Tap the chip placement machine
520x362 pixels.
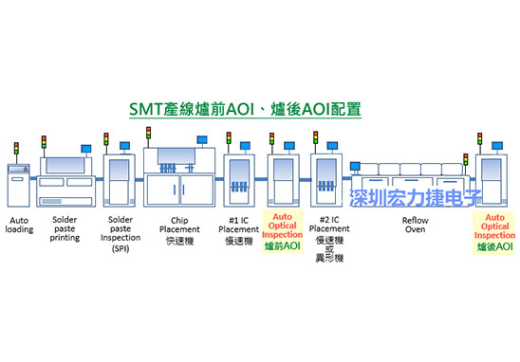click(x=179, y=176)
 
